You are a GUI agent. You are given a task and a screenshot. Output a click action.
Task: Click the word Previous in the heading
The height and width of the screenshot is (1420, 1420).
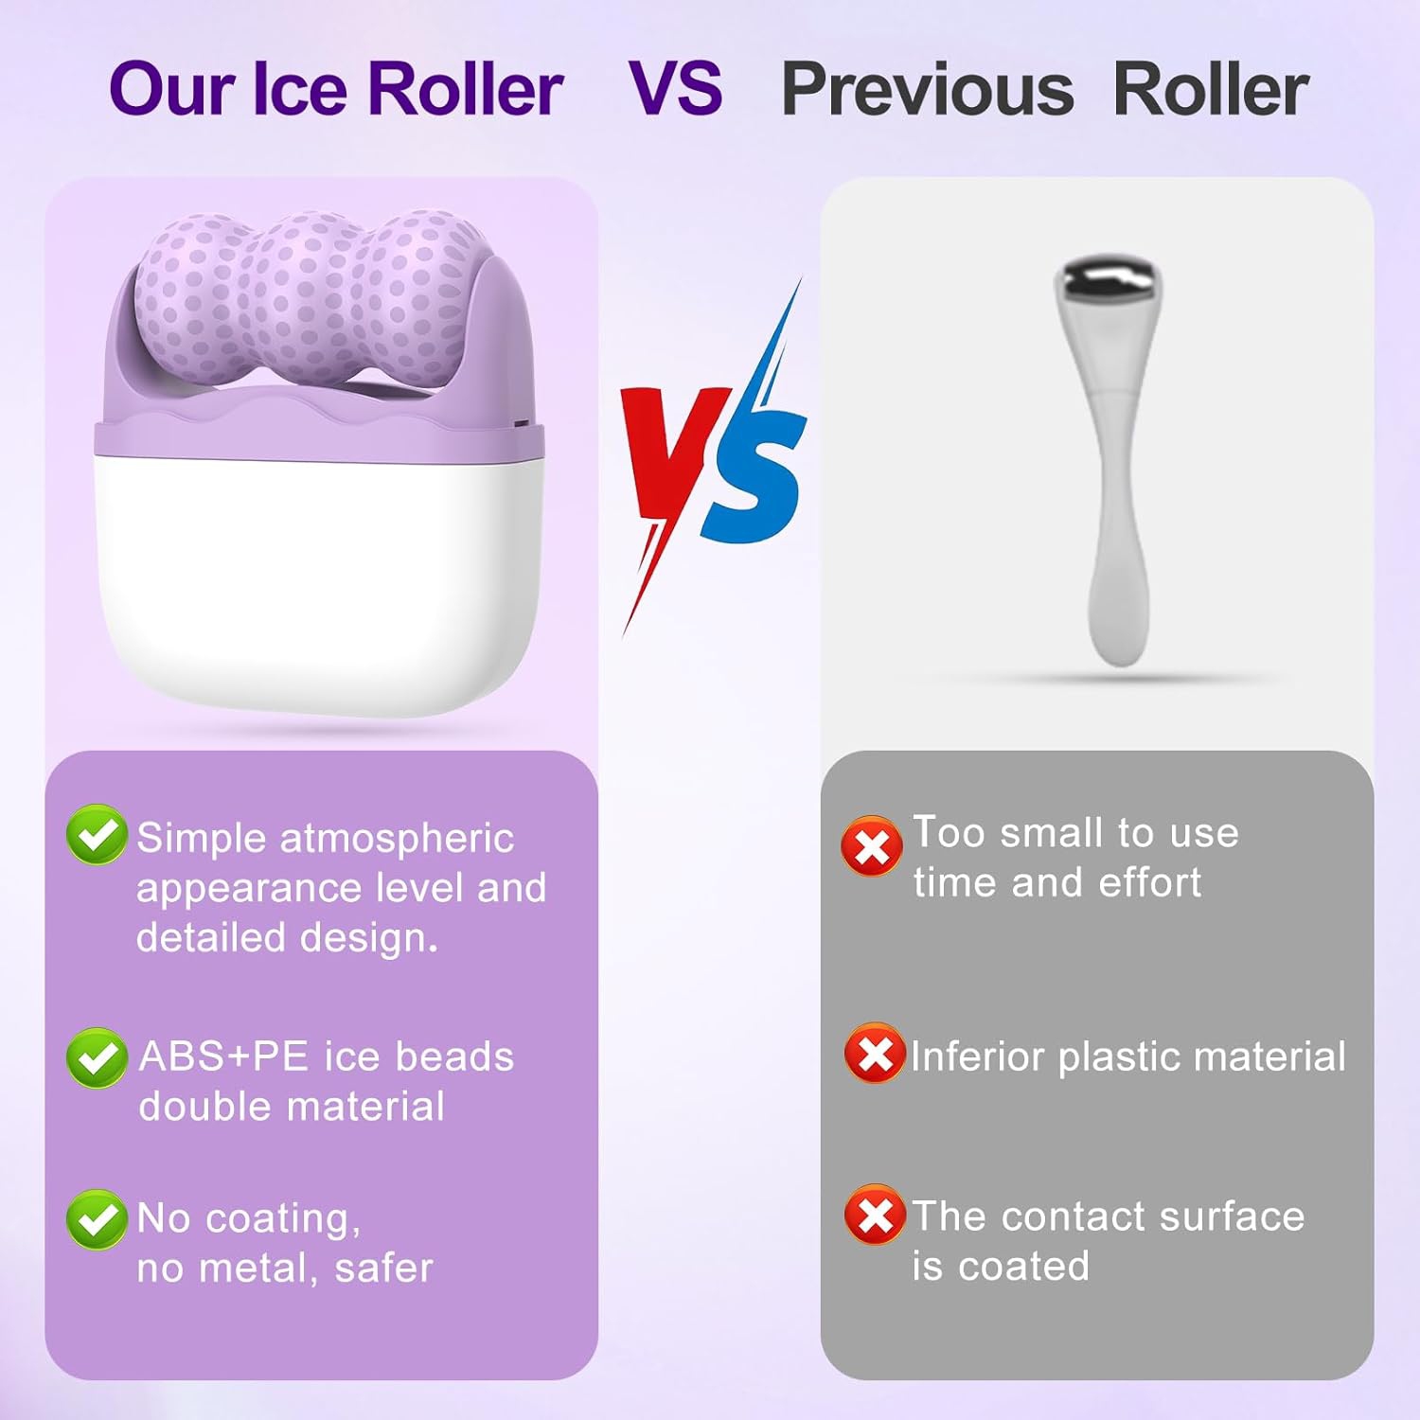point(927,90)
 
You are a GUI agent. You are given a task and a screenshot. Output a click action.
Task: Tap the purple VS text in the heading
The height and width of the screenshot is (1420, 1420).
point(676,88)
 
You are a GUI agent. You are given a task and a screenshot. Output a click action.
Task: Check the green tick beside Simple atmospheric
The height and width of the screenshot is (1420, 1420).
point(97,834)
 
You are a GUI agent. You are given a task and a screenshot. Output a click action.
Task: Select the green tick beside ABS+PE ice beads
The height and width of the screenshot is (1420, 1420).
point(97,1057)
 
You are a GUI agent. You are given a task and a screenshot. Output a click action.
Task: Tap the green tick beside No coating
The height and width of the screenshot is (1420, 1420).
point(97,1219)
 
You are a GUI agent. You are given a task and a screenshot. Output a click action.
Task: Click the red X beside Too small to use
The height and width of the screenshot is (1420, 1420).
point(871,845)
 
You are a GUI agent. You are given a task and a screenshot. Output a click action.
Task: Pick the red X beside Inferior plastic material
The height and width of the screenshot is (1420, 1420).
point(874,1053)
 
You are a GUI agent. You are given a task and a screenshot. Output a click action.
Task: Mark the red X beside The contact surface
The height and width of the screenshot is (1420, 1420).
point(874,1215)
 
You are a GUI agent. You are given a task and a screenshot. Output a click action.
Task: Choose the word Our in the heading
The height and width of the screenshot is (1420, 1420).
point(171,90)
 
